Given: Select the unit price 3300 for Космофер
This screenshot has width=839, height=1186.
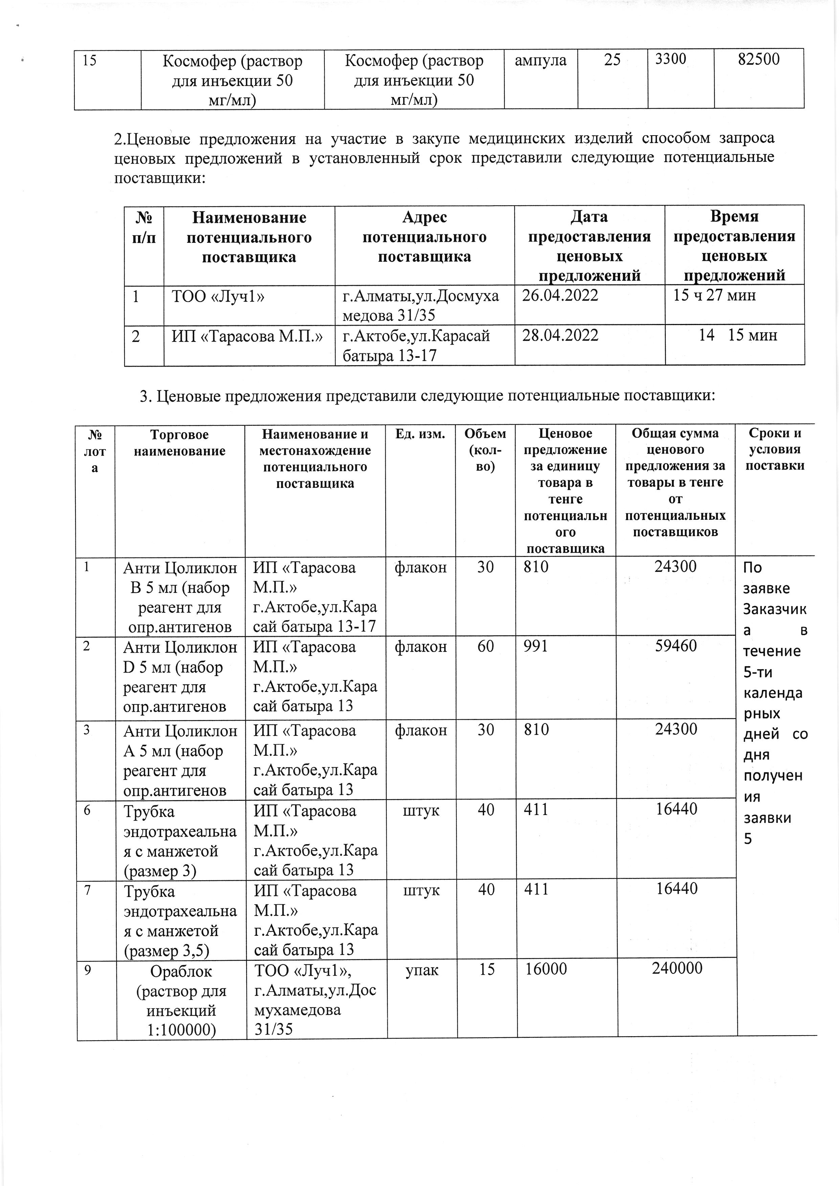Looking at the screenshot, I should click(x=671, y=59).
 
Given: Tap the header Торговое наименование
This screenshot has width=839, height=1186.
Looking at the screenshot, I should click(x=179, y=443).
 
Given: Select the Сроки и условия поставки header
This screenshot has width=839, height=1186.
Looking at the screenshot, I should click(x=775, y=449).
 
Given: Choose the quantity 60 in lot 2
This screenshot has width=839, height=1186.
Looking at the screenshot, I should click(x=485, y=646).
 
